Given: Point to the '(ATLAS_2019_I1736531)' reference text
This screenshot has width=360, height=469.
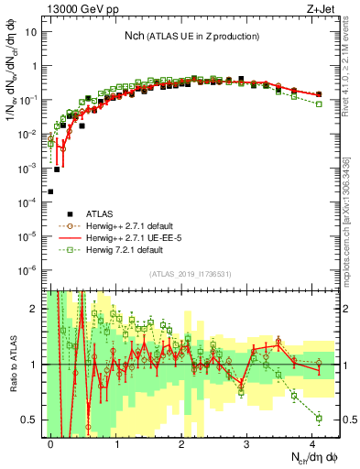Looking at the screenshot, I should tap(188, 274).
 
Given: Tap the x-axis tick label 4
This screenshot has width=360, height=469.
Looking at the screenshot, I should tap(311, 442).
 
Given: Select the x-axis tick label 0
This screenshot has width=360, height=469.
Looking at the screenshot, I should tap(51, 442).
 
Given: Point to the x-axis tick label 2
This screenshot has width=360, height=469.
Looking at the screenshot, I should tap(181, 442).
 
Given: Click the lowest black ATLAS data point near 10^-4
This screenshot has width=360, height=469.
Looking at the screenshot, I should tap(50, 191).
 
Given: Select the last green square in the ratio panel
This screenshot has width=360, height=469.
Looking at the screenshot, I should tap(318, 418).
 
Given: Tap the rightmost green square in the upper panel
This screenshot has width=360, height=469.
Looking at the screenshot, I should tap(318, 104).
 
